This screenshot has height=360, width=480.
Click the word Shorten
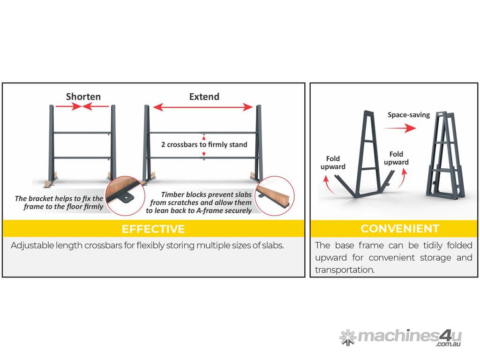point(83,97)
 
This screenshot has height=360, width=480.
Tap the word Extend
point(204,97)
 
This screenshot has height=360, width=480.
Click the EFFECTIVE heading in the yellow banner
point(153,229)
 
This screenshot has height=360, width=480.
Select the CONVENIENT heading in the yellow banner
point(400,229)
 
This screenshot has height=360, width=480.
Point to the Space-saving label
point(409,115)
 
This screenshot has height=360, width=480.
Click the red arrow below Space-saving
point(399,128)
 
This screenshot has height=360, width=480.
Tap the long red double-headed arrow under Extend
point(202,107)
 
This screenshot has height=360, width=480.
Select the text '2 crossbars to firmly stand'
point(204,144)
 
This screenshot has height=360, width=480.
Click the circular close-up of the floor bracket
point(125,195)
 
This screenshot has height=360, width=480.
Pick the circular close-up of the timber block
point(275,195)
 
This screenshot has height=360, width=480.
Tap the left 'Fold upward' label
point(333,163)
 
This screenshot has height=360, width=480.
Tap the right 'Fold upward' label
point(396,158)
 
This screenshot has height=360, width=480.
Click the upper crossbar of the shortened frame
point(82,133)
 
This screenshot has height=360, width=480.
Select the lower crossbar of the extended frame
point(202,158)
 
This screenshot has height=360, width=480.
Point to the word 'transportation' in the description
point(344,270)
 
